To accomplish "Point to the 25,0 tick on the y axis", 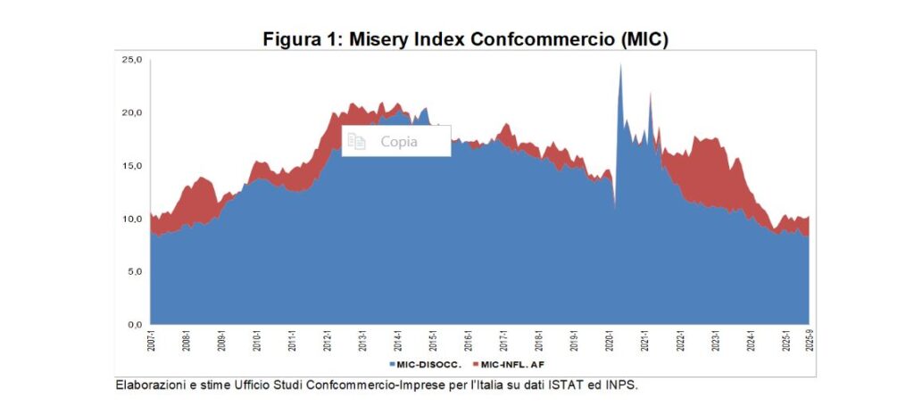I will pyautogui.click(x=132, y=60).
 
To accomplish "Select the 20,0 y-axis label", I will pyautogui.click(x=132, y=112).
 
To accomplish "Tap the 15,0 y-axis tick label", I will pyautogui.click(x=132, y=165).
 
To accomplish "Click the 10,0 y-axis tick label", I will pyautogui.click(x=132, y=219).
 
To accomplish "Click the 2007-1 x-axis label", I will pyautogui.click(x=151, y=342).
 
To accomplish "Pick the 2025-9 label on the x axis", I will pyautogui.click(x=809, y=342).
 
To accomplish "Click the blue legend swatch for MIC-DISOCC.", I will pyautogui.click(x=392, y=365).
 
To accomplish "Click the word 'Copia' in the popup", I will pyautogui.click(x=399, y=141).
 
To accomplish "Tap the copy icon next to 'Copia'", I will pyautogui.click(x=357, y=141).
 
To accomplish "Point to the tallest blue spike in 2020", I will pyautogui.click(x=620, y=67).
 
